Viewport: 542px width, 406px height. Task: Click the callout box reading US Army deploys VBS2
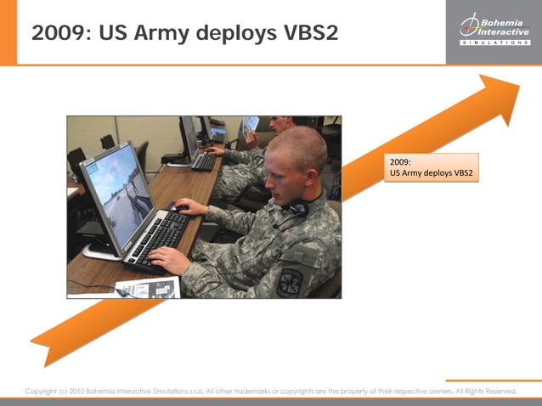point(431,167)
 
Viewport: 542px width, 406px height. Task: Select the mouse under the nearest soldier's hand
point(179,206)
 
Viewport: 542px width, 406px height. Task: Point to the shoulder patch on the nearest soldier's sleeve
point(291,281)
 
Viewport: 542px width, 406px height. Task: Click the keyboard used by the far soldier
point(203,161)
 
